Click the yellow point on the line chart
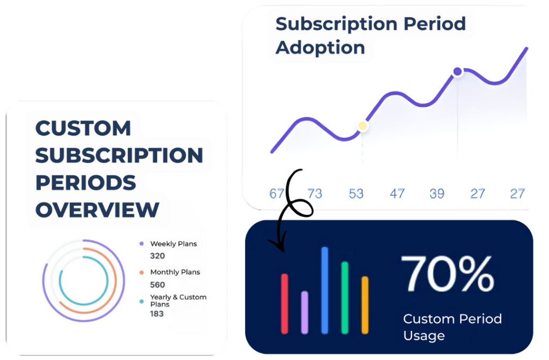(363, 126)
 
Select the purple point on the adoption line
(457, 71)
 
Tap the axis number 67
(276, 193)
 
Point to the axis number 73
(315, 193)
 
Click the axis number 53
(357, 193)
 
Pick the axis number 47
(397, 193)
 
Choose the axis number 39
(437, 193)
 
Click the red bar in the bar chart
(284, 304)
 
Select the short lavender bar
(305, 312)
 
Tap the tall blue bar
(324, 290)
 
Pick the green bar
(345, 298)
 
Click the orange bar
(365, 305)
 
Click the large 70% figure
(447, 274)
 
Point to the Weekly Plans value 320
(158, 256)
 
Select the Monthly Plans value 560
(158, 284)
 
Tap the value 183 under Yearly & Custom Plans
(157, 313)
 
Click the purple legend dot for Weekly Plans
(142, 244)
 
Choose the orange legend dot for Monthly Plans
(142, 273)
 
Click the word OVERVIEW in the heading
(97, 210)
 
